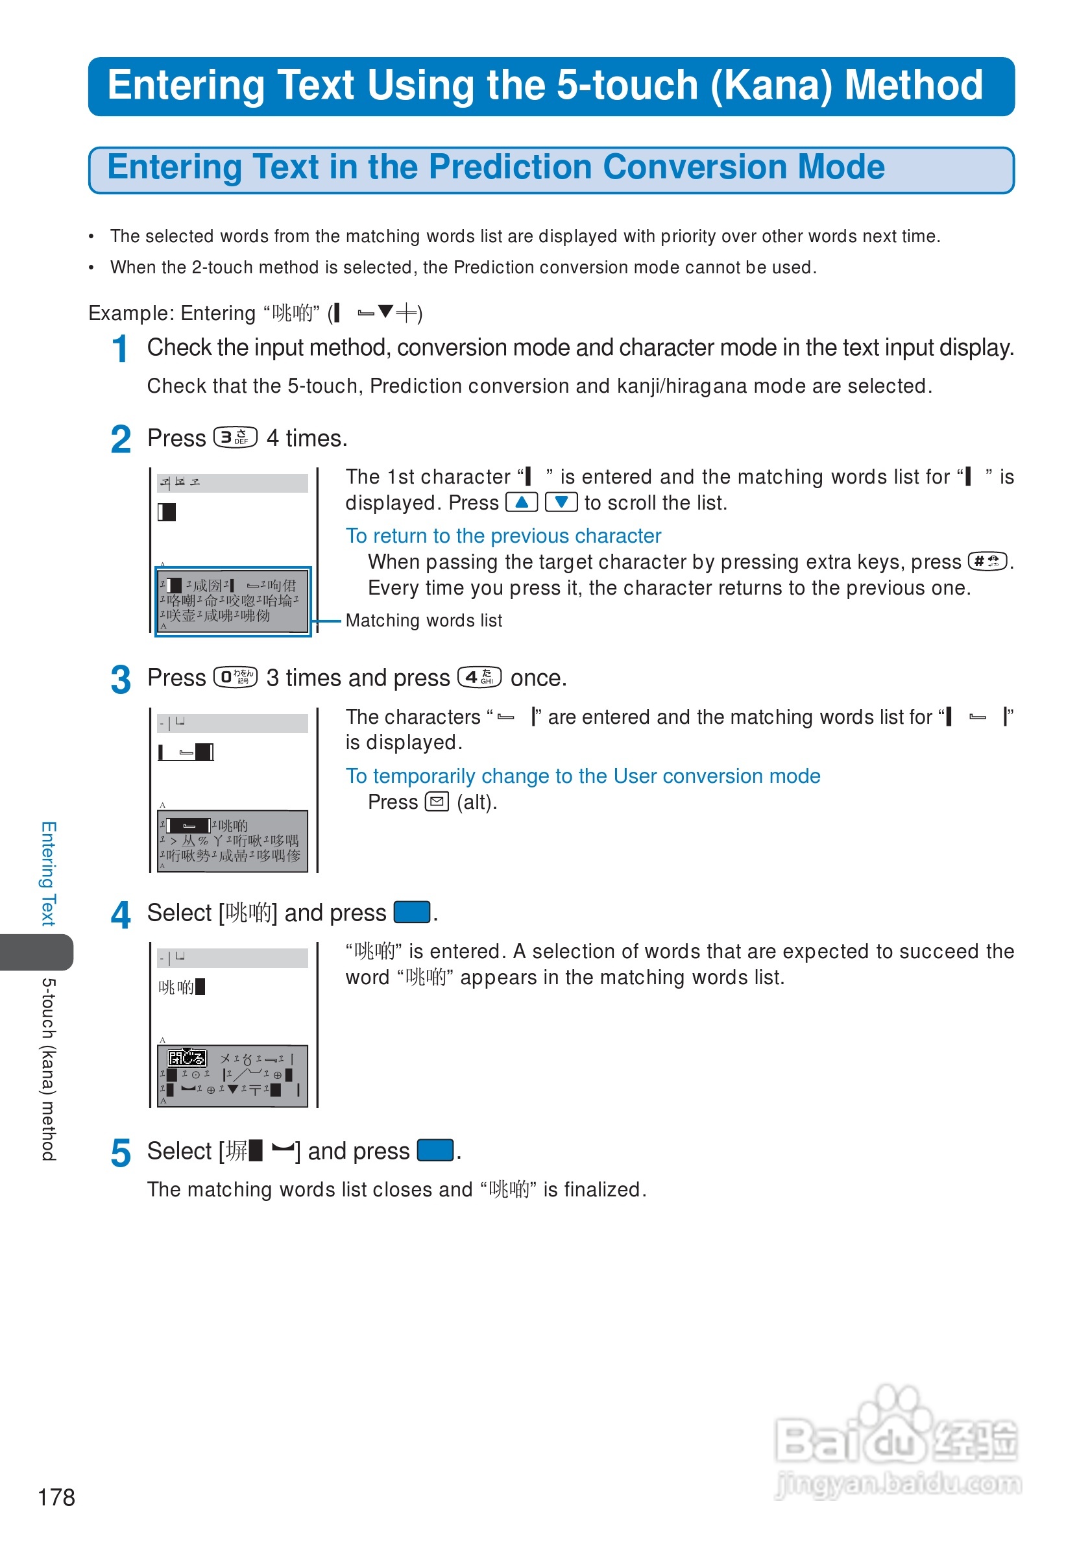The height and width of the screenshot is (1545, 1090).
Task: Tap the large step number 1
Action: tap(119, 349)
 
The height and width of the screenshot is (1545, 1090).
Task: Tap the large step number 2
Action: tap(121, 440)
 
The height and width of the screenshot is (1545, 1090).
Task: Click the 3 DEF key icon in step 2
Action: tap(236, 438)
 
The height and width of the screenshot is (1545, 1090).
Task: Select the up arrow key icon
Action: tap(521, 502)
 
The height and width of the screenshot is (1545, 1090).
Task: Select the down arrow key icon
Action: tap(561, 502)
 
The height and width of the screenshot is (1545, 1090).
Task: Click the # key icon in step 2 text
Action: tap(986, 562)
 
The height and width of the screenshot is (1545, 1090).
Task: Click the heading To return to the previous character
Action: tap(503, 536)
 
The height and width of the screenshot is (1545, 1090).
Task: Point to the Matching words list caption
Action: tap(424, 621)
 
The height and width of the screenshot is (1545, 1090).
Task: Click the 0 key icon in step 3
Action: tap(236, 677)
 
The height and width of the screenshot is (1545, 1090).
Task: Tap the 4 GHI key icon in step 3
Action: tap(479, 677)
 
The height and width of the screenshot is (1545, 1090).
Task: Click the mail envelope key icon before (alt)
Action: tap(437, 802)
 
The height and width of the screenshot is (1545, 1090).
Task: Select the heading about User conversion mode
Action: tap(583, 776)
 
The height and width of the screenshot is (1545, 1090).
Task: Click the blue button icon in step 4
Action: tap(411, 913)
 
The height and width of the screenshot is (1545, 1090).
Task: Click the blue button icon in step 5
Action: tap(435, 1151)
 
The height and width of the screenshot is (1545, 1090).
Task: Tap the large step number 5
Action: tap(121, 1154)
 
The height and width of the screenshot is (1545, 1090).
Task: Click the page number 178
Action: tap(56, 1497)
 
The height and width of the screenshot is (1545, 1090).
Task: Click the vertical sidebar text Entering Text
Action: tap(49, 872)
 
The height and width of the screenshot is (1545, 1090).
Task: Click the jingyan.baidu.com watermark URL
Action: tap(899, 1485)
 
